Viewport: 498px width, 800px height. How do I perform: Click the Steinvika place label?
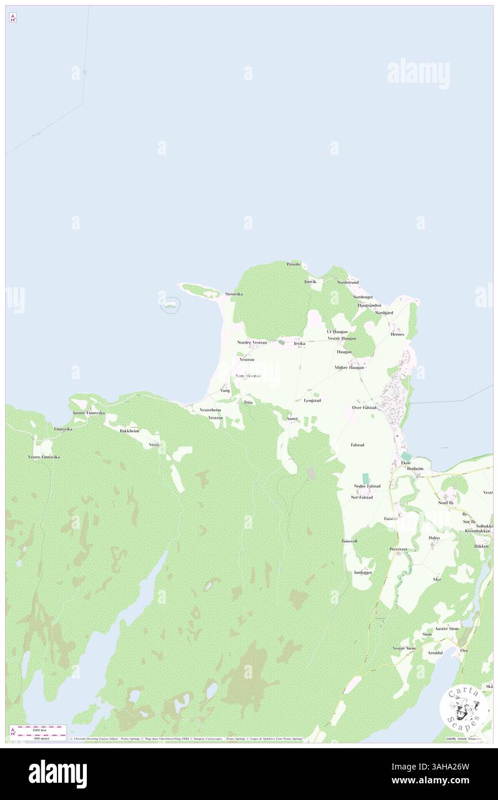point(233,294)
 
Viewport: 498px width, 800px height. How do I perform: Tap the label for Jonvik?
point(311,281)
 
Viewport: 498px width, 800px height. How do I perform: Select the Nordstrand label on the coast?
point(348,283)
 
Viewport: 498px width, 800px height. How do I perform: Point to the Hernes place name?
point(397,334)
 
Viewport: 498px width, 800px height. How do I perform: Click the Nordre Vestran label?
point(252,342)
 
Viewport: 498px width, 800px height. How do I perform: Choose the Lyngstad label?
point(312,400)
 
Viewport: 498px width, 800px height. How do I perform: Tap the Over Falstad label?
point(364,407)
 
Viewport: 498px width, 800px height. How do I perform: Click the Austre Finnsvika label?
point(88,413)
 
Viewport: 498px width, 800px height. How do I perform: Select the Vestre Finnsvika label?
point(44,457)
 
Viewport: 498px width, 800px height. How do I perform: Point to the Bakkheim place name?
point(129,431)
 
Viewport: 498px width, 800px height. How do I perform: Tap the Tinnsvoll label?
point(349,542)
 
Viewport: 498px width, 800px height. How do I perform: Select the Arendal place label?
point(435,653)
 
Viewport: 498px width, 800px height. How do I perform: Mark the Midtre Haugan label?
point(349,367)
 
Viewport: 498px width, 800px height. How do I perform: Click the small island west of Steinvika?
point(170,303)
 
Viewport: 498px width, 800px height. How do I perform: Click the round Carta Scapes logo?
point(463,709)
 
